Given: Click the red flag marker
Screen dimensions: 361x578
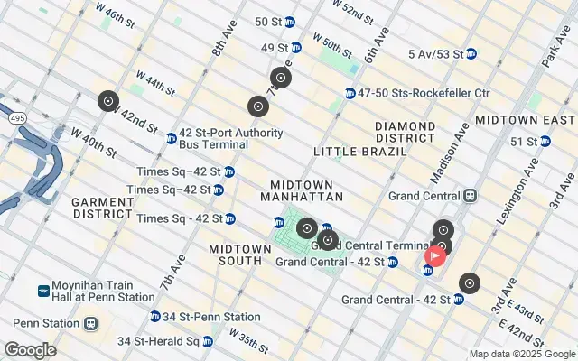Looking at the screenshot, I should click(x=434, y=256).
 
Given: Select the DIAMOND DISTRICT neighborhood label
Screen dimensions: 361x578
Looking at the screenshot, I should click(x=406, y=132).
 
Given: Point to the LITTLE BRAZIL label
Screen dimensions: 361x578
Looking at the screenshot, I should click(x=354, y=151).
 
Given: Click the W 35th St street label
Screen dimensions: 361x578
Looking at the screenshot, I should click(x=248, y=342).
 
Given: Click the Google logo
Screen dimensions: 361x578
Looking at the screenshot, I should click(x=30, y=350).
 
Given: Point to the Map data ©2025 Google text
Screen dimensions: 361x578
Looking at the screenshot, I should click(x=521, y=354).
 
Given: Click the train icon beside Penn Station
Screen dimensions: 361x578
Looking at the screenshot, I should click(x=90, y=322).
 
